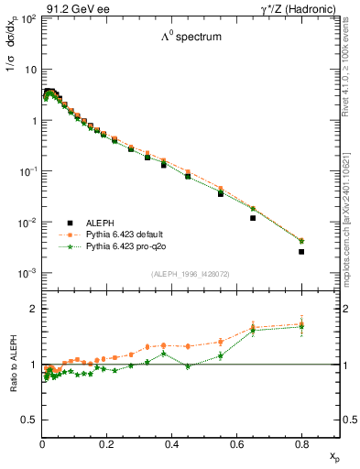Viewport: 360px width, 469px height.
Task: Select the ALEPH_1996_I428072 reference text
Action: (x=189, y=274)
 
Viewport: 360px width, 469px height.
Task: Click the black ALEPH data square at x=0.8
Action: (x=301, y=251)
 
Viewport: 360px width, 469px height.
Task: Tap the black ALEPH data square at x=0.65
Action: (x=253, y=218)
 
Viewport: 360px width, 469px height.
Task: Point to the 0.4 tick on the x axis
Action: (x=172, y=444)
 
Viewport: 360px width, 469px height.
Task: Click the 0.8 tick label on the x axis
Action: (x=301, y=444)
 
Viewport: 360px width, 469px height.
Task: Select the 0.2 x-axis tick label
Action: (x=107, y=444)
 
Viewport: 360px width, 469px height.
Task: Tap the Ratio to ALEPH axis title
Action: (x=15, y=365)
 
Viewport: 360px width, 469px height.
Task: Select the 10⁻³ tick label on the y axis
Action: (x=27, y=274)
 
